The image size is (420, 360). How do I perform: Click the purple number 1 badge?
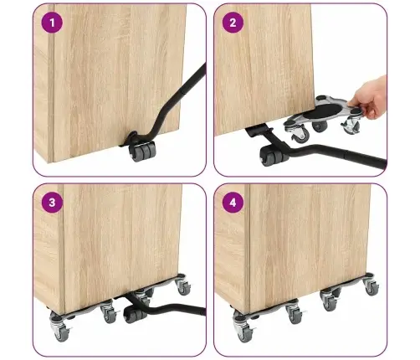[52, 23]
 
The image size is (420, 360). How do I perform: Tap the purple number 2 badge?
[233, 23]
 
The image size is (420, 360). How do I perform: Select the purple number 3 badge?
[52, 203]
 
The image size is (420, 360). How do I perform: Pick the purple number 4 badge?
[233, 203]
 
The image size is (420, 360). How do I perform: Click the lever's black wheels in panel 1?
[142, 151]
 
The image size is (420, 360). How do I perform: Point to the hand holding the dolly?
[369, 98]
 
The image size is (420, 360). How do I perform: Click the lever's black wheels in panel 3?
[135, 314]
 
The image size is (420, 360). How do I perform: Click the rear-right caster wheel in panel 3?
[183, 287]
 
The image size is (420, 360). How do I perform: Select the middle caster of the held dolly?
[320, 126]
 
